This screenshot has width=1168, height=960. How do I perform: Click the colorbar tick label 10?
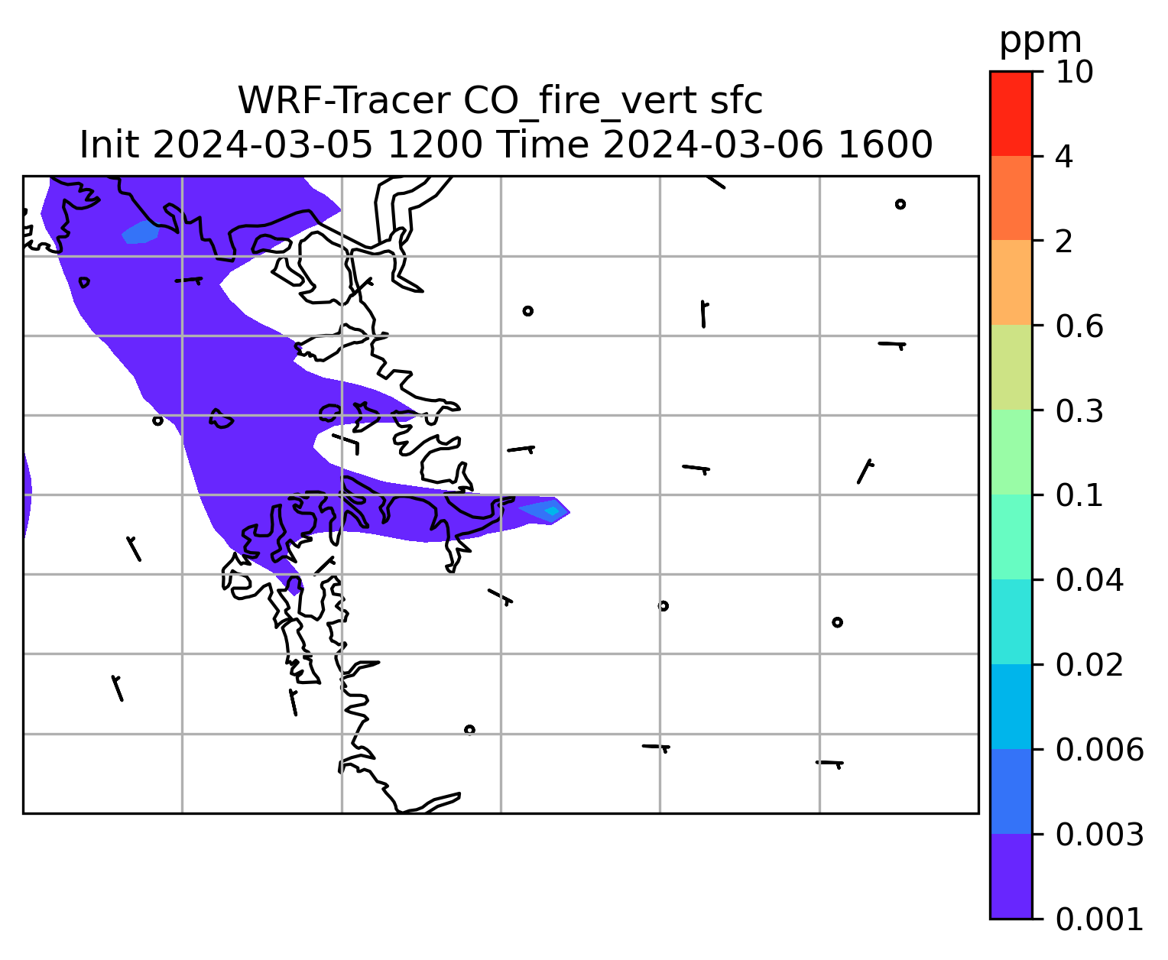coord(1074,72)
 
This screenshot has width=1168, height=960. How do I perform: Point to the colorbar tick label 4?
coord(1064,157)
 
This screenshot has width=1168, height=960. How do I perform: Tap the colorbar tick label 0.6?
coord(1079,326)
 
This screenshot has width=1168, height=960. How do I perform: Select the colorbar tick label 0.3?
coord(1079,410)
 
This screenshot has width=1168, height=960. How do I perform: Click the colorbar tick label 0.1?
coord(1079,495)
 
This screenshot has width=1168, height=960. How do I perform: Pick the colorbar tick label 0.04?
coord(1089,580)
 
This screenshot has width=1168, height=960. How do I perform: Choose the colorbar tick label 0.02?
coord(1089,665)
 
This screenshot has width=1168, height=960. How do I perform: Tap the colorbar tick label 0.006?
coord(1099,750)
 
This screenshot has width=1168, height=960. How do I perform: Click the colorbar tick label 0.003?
coord(1099,835)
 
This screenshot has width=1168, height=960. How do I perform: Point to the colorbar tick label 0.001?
coord(1099,919)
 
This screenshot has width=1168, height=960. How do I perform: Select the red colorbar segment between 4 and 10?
coord(1011,114)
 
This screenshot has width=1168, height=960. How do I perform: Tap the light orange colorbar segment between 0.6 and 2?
coord(1011,282)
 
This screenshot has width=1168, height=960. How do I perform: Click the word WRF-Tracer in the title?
coord(344,101)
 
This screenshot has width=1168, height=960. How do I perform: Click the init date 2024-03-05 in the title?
coord(262,145)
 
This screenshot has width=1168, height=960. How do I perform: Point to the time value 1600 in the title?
coord(885,145)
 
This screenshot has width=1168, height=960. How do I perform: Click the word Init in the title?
coord(109,145)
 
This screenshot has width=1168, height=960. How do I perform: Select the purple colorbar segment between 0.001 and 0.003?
coord(1011,877)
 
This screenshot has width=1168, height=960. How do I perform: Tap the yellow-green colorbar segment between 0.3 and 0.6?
coord(1011,367)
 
